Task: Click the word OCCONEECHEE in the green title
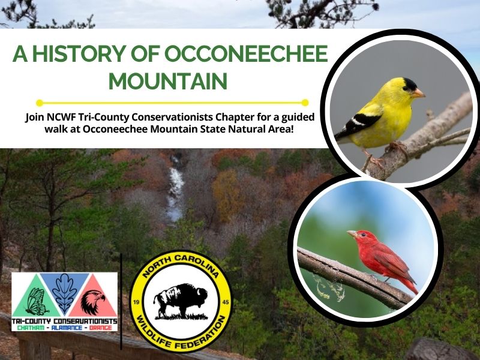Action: point(246,53)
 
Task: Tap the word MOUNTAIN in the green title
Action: point(168,81)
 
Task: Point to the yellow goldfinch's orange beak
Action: point(418,93)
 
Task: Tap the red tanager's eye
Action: point(363,235)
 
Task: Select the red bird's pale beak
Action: point(352,234)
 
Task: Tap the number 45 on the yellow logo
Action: point(226,302)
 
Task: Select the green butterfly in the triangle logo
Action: point(37,302)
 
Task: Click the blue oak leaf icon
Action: point(64,293)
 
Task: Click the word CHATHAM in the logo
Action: point(31,328)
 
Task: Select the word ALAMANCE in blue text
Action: point(67,328)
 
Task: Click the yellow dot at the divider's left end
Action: point(40,103)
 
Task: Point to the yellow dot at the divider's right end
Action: point(305,103)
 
